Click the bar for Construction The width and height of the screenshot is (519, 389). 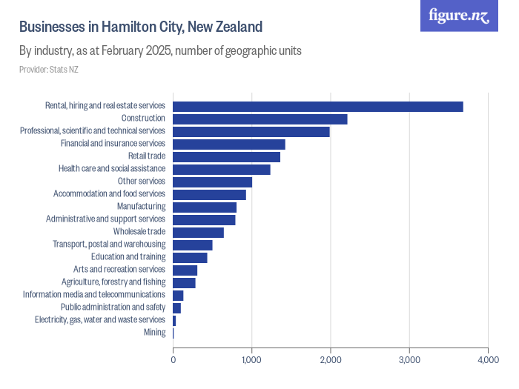pos(259,119)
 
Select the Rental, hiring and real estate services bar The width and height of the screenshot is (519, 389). pos(317,107)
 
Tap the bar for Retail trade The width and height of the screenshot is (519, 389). pos(226,157)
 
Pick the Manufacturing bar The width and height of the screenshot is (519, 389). pos(205,207)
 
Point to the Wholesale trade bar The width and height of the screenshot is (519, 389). pos(198,233)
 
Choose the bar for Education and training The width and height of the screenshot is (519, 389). pos(190,258)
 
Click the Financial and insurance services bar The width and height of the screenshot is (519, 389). pos(228,144)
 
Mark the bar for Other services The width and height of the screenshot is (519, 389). pos(212,182)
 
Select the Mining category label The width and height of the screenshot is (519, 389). pos(154,333)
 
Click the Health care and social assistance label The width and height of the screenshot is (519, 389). pos(112,169)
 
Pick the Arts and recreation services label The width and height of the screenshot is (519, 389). pos(119,270)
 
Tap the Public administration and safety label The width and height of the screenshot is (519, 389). pos(113,307)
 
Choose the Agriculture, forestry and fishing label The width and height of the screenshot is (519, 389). pos(113,282)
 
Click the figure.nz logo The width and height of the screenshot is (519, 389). pos(459,16)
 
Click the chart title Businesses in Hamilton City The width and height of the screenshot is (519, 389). pos(141,27)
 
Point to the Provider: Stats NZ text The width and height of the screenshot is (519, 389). pos(49,70)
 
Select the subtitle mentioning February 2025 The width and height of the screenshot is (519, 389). pos(159,51)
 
